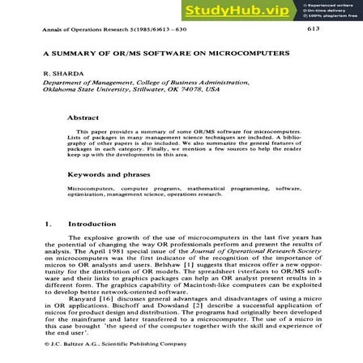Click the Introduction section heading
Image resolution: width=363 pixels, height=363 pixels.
point(90,225)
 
